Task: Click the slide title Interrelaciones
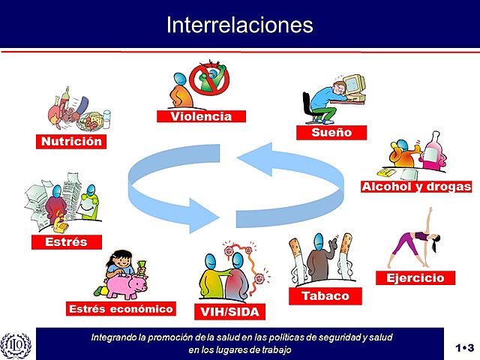tap(239, 25)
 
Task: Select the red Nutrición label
tap(70, 140)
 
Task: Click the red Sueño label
tap(331, 133)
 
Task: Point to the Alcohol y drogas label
tap(416, 187)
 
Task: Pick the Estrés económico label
tap(121, 308)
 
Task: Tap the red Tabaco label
tap(325, 295)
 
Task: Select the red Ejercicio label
tap(415, 277)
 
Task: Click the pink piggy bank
tap(127, 286)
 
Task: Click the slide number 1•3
tap(464, 347)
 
